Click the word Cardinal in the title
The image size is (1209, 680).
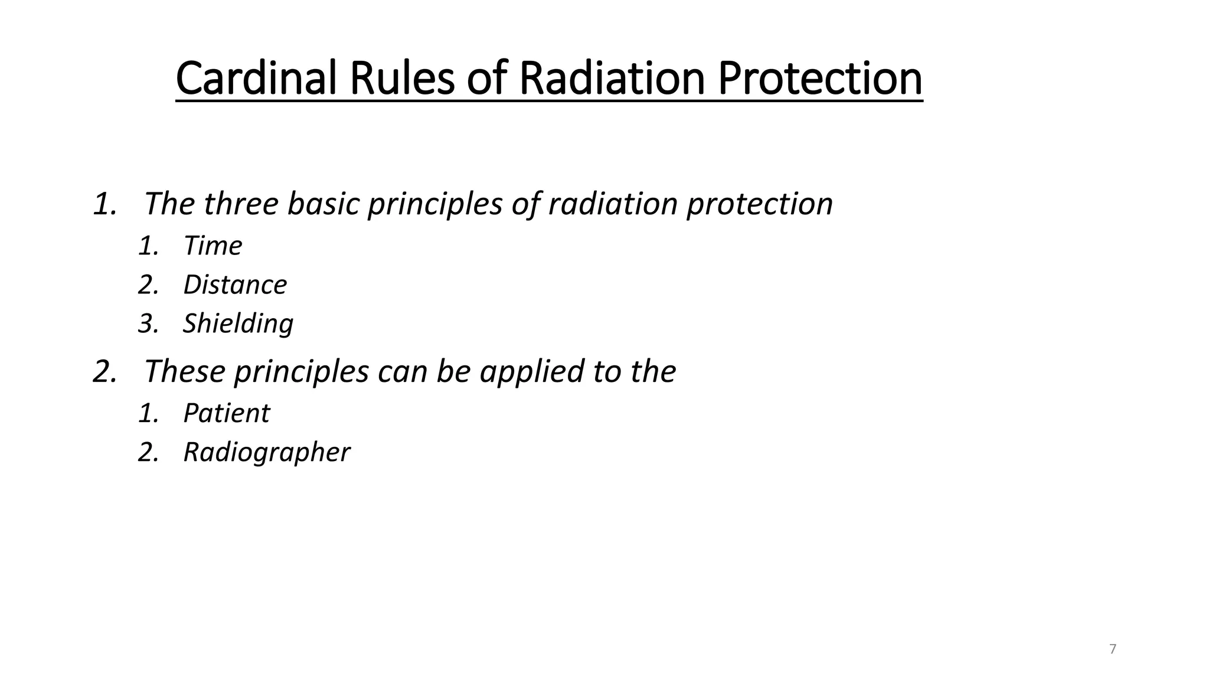(256, 79)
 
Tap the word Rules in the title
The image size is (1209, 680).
(402, 79)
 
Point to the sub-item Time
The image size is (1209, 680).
(213, 246)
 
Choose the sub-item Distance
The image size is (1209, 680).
(235, 285)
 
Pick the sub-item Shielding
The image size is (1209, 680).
(238, 323)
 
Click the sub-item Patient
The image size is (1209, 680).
(226, 413)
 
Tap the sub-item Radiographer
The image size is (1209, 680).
(266, 453)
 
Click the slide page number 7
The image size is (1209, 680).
(1113, 649)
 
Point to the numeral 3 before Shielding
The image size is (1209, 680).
(146, 323)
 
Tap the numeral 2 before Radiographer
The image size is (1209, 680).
(146, 453)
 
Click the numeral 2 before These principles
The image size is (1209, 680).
(102, 372)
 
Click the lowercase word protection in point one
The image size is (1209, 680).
(759, 204)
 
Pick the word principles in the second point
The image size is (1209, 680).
(301, 372)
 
